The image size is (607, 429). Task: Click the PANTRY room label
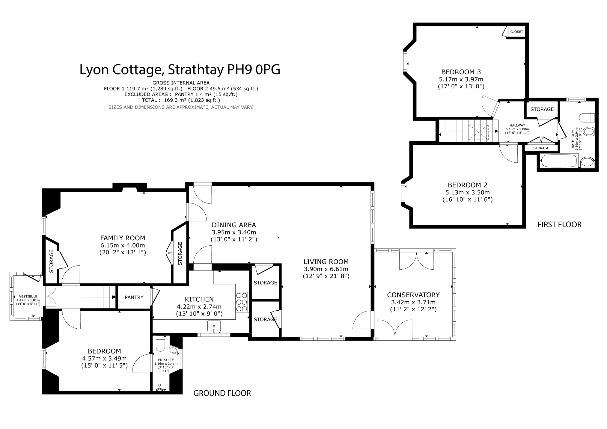click(x=134, y=297)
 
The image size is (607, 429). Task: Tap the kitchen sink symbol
click(x=214, y=326)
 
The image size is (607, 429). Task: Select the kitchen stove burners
click(x=242, y=302)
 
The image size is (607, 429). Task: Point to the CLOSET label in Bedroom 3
click(x=516, y=32)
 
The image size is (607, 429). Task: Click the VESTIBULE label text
click(x=27, y=296)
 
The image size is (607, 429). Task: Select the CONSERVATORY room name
click(x=413, y=295)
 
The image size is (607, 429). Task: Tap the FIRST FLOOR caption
click(x=559, y=224)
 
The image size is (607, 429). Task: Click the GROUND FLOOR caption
click(x=222, y=393)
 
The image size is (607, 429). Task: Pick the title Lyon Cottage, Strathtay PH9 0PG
click(x=180, y=70)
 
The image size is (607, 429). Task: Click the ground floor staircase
click(x=98, y=297)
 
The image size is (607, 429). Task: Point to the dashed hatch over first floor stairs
click(x=479, y=133)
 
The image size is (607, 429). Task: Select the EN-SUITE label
click(x=166, y=360)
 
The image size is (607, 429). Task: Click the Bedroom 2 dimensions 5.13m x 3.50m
click(x=468, y=192)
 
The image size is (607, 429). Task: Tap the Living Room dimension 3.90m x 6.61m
click(x=326, y=269)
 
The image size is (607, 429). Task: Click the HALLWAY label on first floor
click(x=517, y=126)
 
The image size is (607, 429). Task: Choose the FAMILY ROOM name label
click(x=123, y=238)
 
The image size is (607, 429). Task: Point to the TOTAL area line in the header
click(x=181, y=100)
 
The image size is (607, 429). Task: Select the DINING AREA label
click(x=234, y=225)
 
